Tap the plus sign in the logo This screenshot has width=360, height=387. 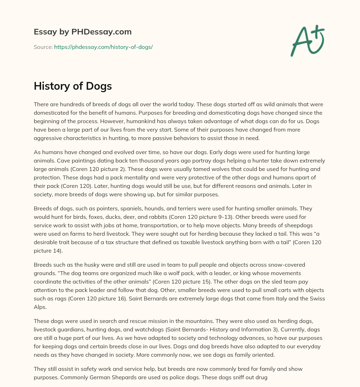pos(317,31)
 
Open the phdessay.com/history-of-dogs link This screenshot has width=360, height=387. pos(103,47)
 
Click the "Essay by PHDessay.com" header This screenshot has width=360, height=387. pos(83,32)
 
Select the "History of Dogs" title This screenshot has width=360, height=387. pos(73,86)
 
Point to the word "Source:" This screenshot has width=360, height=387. pos(43,47)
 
